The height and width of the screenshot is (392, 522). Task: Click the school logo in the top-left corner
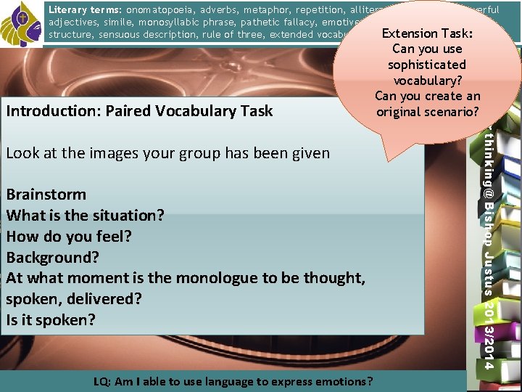click(x=21, y=23)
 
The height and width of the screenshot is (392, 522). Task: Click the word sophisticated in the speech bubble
click(x=426, y=65)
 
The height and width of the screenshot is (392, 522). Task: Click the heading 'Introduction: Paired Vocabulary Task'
click(x=139, y=111)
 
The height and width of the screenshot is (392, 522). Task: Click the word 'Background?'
click(x=53, y=258)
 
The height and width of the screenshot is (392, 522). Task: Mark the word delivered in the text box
click(x=97, y=299)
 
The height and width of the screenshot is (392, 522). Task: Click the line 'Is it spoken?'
click(x=51, y=320)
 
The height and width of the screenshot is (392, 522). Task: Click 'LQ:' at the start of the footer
click(x=104, y=381)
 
